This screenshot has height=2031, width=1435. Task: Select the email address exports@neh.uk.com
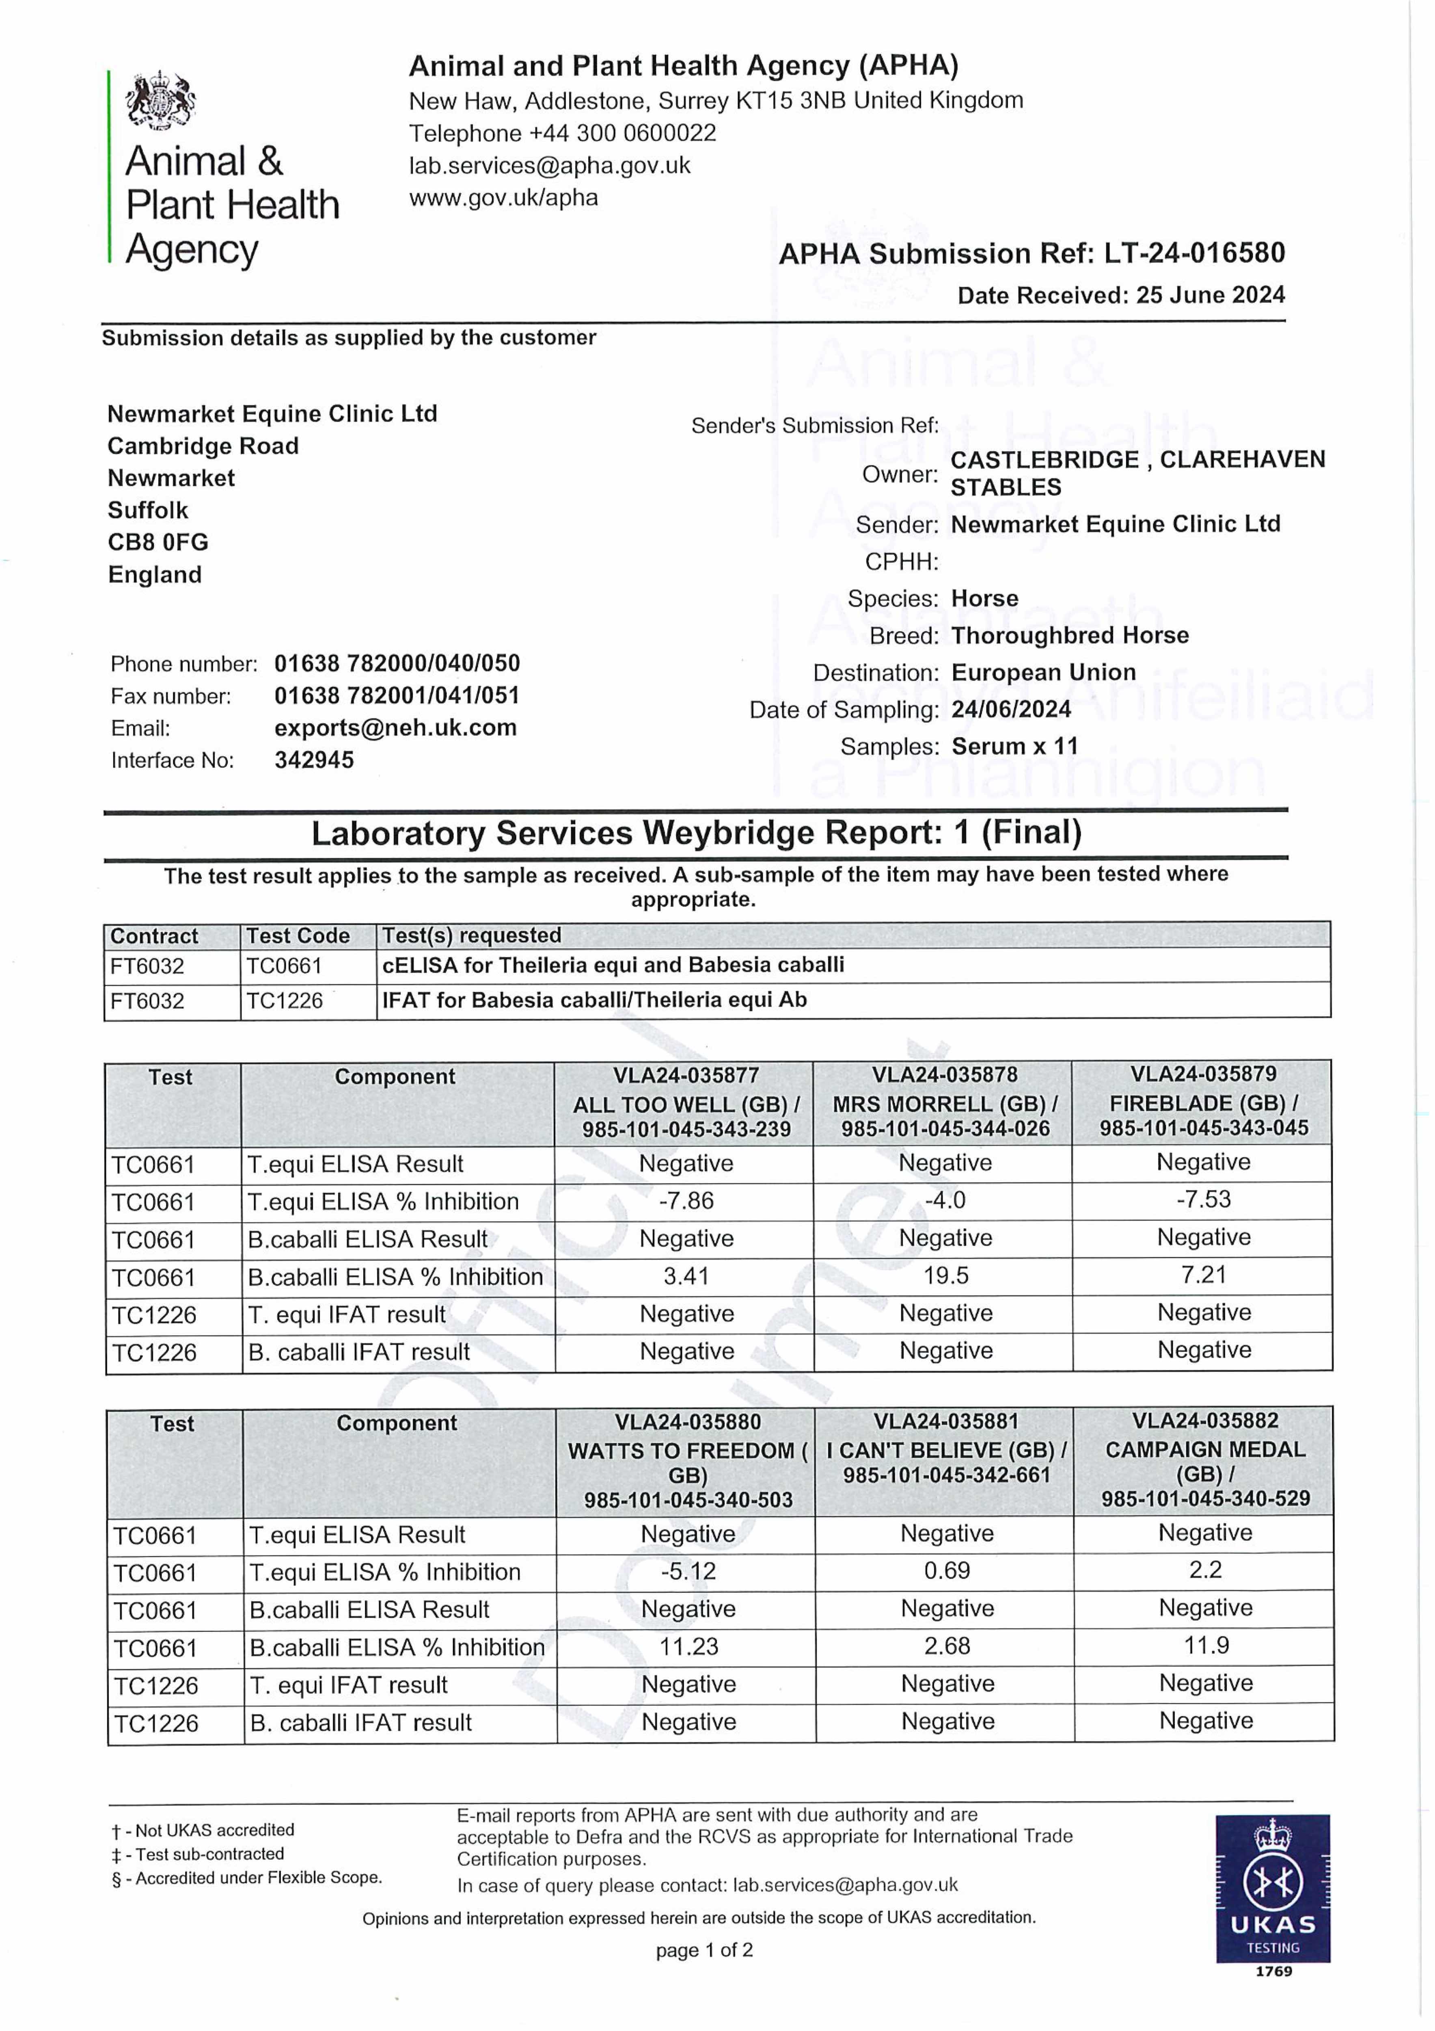(395, 728)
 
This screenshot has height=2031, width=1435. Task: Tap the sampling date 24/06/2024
(1011, 710)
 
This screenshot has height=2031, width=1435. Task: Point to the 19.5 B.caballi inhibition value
(945, 1275)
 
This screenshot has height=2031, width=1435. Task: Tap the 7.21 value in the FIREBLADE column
(1203, 1275)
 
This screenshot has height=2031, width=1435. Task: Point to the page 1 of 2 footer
(704, 1951)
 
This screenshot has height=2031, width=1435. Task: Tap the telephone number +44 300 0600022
(562, 134)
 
